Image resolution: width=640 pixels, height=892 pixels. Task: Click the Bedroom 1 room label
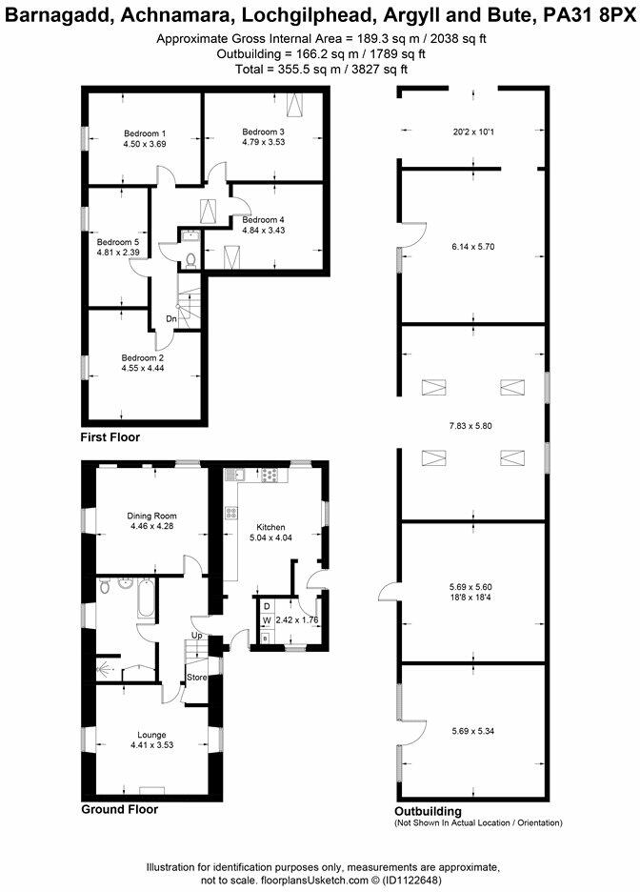click(x=145, y=133)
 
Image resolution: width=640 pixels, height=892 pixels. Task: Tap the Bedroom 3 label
click(x=263, y=132)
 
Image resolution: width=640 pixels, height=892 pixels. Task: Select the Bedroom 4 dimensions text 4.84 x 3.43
click(x=264, y=230)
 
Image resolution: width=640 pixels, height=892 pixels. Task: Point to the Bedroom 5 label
click(x=118, y=242)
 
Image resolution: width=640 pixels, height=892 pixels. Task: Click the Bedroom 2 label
click(x=144, y=357)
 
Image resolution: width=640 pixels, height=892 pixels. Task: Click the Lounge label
click(x=151, y=735)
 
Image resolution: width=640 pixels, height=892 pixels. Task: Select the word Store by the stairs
click(x=196, y=678)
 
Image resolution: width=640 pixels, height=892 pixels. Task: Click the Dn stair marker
click(x=171, y=319)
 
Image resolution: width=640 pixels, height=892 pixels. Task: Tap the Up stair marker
click(x=197, y=636)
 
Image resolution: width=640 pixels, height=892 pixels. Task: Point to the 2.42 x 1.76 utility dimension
click(x=297, y=620)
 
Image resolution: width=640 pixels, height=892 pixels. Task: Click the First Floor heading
click(x=110, y=437)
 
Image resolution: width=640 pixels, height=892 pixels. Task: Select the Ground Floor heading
click(x=119, y=809)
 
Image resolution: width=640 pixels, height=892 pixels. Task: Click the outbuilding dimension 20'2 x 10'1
click(x=472, y=132)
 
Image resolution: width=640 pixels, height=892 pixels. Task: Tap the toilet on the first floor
click(x=190, y=259)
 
